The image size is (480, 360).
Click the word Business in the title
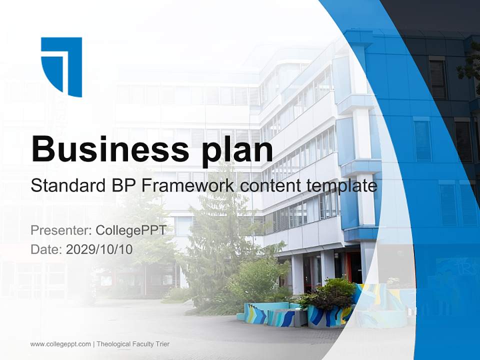103,148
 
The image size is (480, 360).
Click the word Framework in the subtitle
187,186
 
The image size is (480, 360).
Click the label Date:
46,249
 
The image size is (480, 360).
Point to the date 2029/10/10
99,249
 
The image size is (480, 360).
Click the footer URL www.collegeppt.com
60,344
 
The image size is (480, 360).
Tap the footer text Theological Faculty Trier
133,344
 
